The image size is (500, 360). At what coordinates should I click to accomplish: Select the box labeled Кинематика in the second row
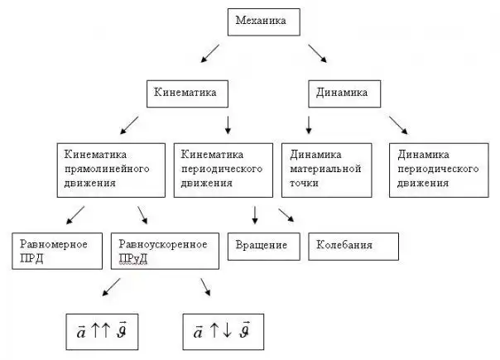coord(186,94)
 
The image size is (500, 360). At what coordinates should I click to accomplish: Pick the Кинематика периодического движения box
coord(224,169)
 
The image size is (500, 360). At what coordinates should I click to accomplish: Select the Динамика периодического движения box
coord(439,169)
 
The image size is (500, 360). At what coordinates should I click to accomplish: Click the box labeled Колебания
coord(353,247)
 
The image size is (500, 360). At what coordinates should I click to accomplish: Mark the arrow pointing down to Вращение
coord(255,214)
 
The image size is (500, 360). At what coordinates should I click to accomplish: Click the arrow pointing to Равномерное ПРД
coord(75,215)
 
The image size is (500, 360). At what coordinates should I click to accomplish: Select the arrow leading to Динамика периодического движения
coord(399,124)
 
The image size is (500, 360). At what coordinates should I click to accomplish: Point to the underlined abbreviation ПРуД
coord(134,258)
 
